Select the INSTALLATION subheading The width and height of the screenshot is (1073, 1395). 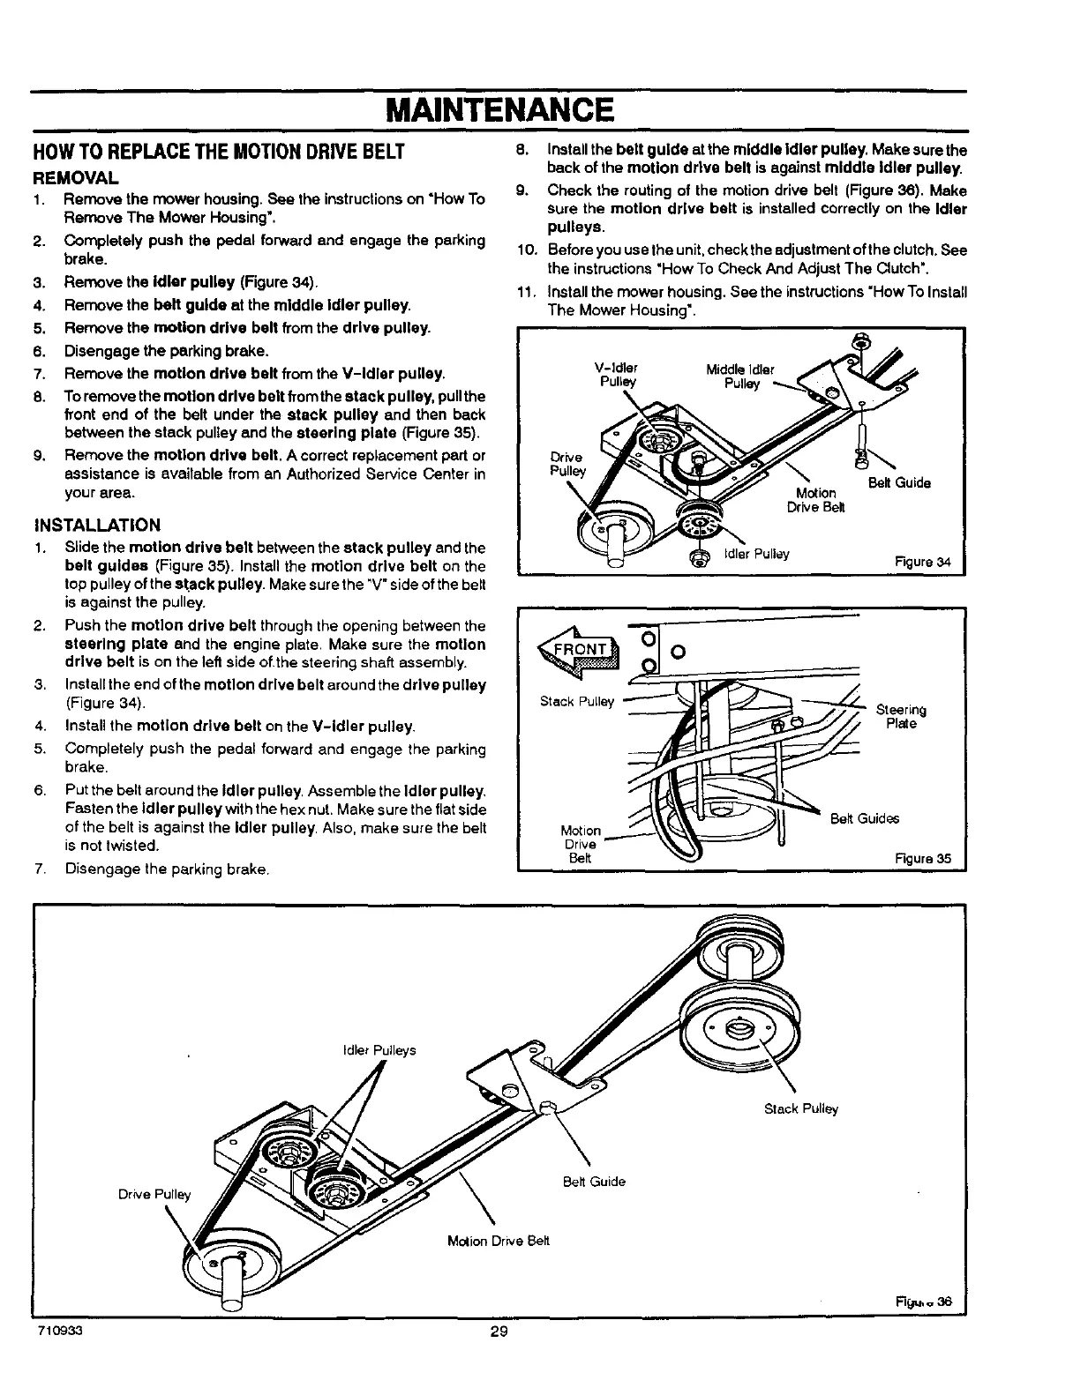(97, 526)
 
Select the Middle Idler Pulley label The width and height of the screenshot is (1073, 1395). (739, 377)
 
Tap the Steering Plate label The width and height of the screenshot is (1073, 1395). (901, 717)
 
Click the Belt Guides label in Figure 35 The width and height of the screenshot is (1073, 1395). (864, 818)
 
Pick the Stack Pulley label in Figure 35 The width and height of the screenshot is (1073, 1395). (576, 702)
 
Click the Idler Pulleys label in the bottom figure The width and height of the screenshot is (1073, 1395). (378, 1050)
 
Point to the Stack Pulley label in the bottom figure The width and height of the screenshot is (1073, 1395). (801, 1108)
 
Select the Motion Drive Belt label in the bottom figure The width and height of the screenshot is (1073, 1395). (498, 1240)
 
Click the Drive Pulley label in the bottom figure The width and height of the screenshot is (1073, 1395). (154, 1195)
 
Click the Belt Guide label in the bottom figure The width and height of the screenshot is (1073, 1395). (594, 1181)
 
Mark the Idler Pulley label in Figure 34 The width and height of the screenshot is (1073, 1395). (756, 554)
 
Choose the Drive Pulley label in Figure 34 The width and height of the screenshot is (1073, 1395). (567, 464)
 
